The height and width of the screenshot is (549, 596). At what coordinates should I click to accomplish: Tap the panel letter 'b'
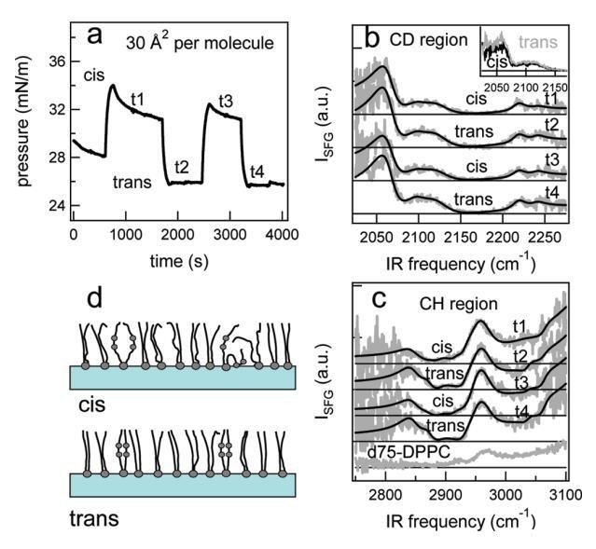coord(370,39)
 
